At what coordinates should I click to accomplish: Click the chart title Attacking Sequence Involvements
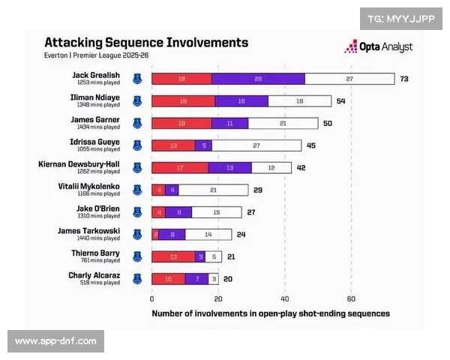click(x=145, y=43)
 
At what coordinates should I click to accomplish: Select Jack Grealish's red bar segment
click(x=181, y=79)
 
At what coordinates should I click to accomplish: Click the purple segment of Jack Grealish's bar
click(x=258, y=79)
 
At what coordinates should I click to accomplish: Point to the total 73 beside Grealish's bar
click(x=403, y=79)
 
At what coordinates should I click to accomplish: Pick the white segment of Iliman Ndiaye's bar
click(x=299, y=101)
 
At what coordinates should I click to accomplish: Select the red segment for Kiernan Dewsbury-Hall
click(x=180, y=168)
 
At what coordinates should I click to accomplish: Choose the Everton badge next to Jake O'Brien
click(x=137, y=212)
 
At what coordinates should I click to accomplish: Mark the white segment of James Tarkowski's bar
click(x=208, y=235)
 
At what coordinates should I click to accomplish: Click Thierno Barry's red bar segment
click(x=173, y=257)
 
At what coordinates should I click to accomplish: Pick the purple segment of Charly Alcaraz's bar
click(x=196, y=279)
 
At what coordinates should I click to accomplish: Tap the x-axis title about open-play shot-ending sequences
click(x=271, y=313)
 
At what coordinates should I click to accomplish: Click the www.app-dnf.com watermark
click(x=56, y=341)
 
